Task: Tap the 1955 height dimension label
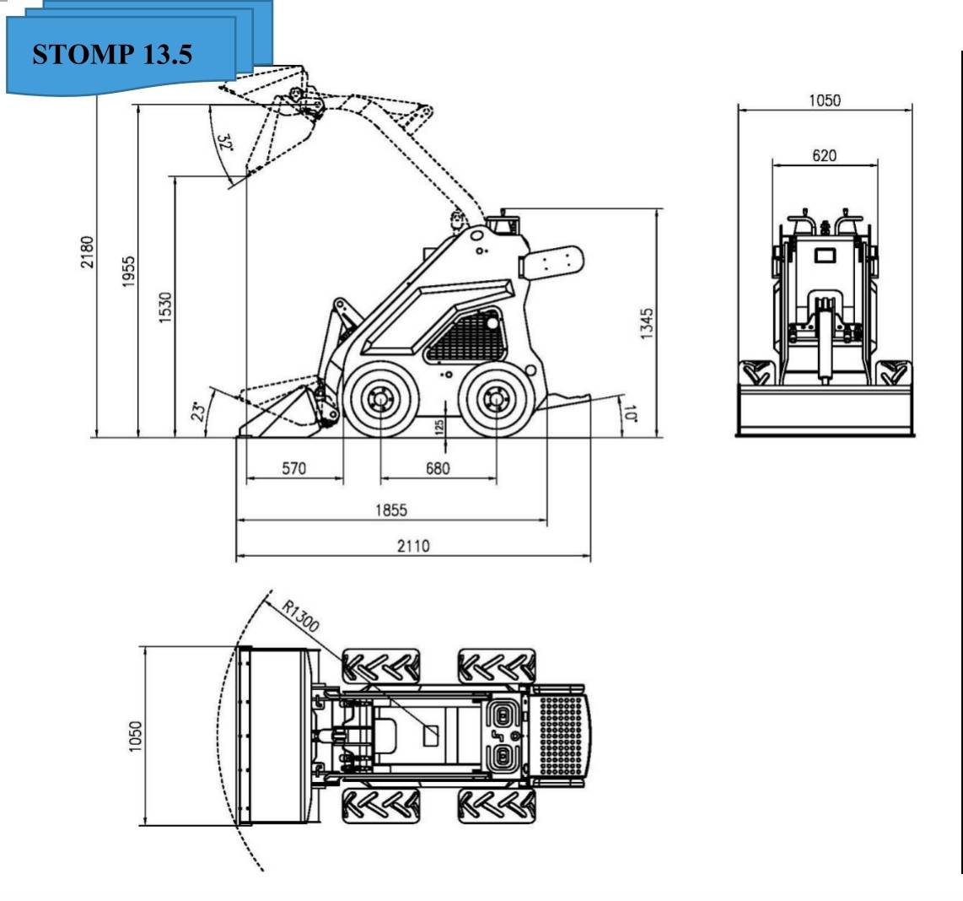coord(128,272)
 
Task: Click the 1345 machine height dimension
coord(647,324)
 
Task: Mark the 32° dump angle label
coord(224,143)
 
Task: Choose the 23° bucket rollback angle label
coord(199,411)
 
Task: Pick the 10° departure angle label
coord(629,412)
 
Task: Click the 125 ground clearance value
coord(439,427)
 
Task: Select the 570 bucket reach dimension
coord(293,468)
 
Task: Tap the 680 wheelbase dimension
coord(437,468)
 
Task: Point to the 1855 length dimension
coord(391,510)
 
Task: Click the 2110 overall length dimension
coord(413,546)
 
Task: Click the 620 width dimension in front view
coord(824,155)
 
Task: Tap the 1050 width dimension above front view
coord(824,100)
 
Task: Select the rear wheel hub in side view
coord(496,398)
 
